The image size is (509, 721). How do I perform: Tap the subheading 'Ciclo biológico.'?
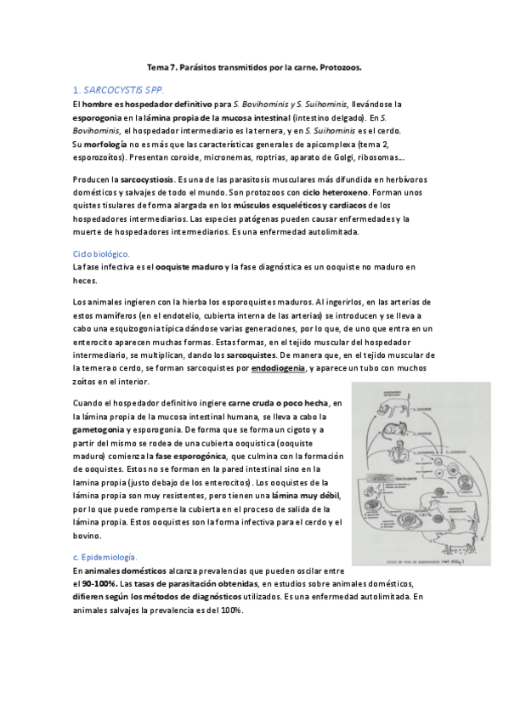coord(101,253)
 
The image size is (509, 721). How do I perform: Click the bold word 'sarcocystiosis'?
coord(146,180)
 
